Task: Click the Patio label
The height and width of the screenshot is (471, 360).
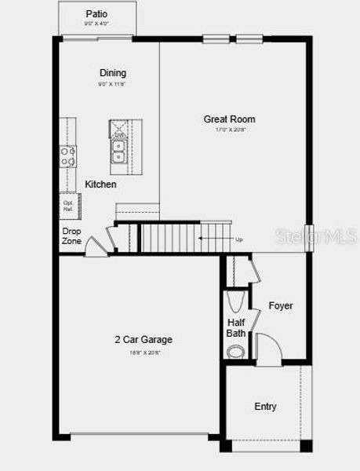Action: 96,14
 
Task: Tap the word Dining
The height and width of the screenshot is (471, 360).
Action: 112,73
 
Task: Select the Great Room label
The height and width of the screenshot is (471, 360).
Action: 229,119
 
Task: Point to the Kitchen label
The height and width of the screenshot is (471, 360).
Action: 100,184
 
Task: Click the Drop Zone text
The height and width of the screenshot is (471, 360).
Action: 71,236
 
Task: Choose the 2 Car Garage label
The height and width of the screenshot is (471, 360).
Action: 144,340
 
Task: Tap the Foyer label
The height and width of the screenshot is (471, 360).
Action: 281,305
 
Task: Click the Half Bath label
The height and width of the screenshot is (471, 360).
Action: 236,327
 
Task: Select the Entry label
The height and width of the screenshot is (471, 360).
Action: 265,407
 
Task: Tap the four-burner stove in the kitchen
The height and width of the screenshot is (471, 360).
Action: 68,156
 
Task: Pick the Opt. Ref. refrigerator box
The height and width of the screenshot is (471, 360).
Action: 67,206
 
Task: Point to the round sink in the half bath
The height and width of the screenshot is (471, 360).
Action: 235,351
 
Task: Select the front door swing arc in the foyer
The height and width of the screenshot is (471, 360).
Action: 267,346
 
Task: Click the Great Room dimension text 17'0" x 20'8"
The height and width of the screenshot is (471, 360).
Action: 229,130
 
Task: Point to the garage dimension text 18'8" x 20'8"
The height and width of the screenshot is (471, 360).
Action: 144,352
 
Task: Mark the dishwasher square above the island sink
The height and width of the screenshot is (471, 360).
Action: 119,128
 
